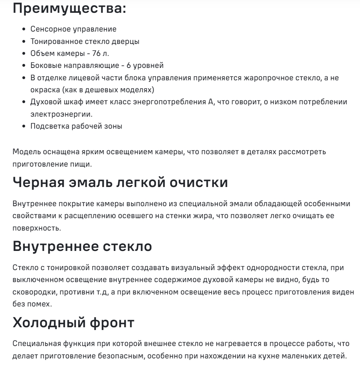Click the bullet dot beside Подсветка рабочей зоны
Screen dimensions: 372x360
coord(24,126)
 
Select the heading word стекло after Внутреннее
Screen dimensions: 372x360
coord(127,246)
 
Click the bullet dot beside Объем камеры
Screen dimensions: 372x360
coord(24,54)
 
